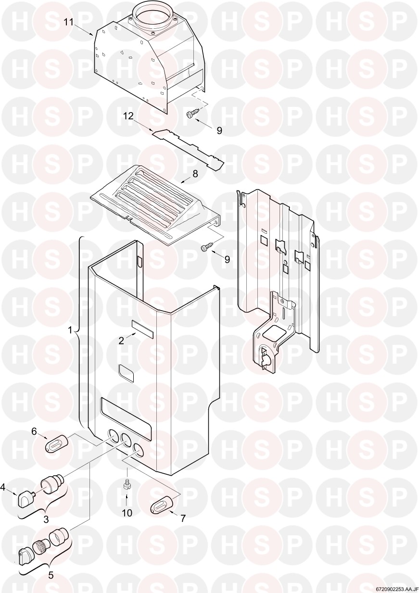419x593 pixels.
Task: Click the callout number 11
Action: [x=69, y=22]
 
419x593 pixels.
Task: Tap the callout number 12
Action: [x=129, y=116]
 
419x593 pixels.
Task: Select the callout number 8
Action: [x=195, y=174]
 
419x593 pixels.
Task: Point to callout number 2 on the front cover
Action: [x=121, y=341]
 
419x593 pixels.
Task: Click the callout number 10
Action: [x=127, y=520]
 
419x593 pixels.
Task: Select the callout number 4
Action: [x=3, y=487]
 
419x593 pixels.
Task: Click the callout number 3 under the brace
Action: [x=46, y=527]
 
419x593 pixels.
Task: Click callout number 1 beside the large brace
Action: [x=70, y=330]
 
